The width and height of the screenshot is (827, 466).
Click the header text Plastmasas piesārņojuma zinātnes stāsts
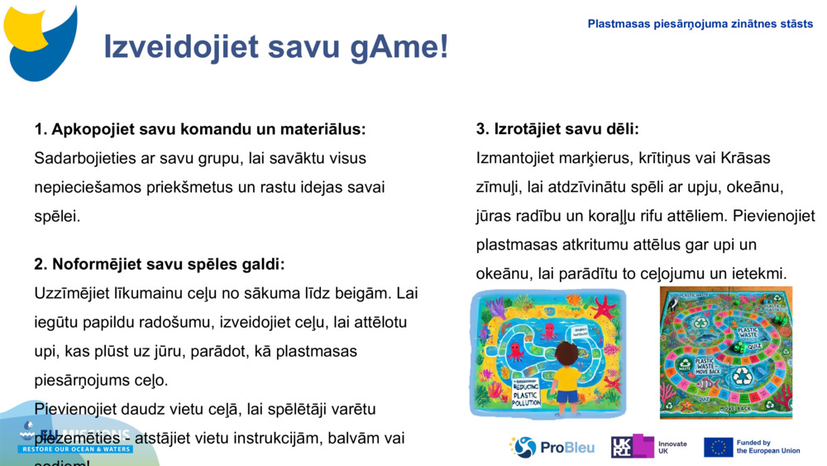(700, 24)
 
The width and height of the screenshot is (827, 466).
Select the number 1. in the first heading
(41, 129)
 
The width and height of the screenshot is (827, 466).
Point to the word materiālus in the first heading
(324, 129)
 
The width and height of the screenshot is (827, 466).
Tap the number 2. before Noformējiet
(41, 264)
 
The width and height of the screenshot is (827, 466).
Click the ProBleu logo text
(566, 448)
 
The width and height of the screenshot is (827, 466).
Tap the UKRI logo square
(632, 447)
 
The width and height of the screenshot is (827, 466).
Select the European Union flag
(718, 448)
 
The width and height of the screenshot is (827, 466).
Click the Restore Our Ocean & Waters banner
(75, 449)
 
